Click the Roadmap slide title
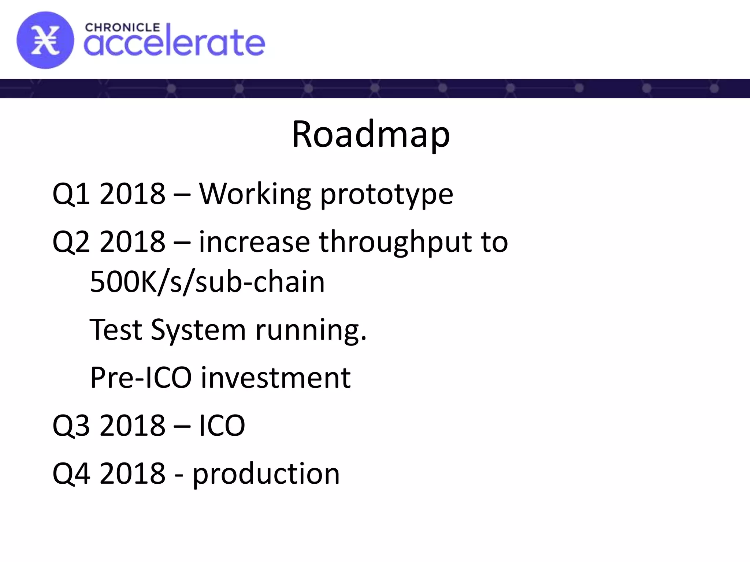pos(371,135)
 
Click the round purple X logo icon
pos(45,40)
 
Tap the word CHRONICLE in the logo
pos(122,28)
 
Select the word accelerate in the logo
pos(174,44)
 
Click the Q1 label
pos(71,194)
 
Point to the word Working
pos(255,194)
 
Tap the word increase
pos(254,243)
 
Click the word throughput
pos(395,243)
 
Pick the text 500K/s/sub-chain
pos(207,282)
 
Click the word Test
pos(116,330)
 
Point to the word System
pos(198,330)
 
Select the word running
pos(311,330)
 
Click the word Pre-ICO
pos(141,378)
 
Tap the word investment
pos(276,378)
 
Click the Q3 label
pos(71,426)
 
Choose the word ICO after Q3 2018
pos(222,426)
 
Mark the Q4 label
pos(71,473)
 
